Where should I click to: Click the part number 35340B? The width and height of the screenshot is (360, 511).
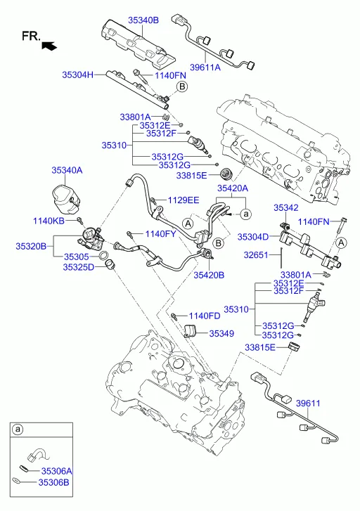pos(143,20)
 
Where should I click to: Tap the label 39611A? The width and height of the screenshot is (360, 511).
pos(205,67)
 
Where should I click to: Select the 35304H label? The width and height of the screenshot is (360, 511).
pos(77,75)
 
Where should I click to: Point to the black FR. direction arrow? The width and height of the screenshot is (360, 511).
pos(49,46)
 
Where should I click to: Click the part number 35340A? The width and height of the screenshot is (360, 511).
pos(67,170)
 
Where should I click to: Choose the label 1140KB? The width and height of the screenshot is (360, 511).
pos(49,221)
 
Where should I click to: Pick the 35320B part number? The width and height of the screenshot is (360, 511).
pos(31,246)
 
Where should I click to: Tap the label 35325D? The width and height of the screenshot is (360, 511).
pos(78,267)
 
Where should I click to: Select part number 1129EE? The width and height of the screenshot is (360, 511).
pos(184,200)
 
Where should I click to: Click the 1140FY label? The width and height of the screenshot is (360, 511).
pos(160,233)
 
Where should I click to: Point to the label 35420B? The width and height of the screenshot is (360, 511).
pos(209,275)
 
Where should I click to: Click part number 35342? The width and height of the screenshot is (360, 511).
pos(285,207)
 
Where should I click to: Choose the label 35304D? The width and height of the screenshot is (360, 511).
pos(252,237)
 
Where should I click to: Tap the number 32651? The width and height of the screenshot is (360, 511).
pos(256,255)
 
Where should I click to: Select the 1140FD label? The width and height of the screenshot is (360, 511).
pos(205,316)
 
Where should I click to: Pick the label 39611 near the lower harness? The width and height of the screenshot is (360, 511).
pos(308,403)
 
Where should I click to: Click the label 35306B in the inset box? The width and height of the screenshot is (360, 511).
pos(54,482)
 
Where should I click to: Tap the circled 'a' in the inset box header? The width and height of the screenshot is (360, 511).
pos(18,429)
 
